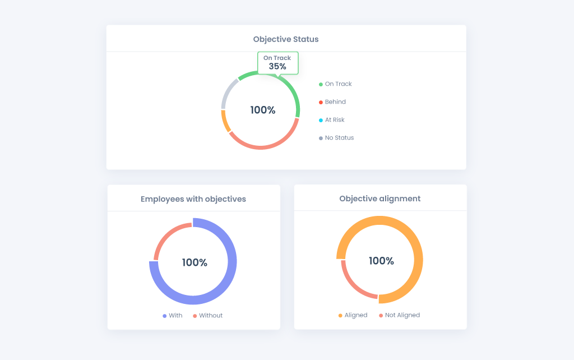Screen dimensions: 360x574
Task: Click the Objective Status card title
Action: tap(286, 39)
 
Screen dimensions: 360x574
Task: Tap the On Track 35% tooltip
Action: tap(277, 63)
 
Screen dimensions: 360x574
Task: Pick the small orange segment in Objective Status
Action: tap(225, 121)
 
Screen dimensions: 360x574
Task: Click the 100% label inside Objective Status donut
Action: tap(263, 110)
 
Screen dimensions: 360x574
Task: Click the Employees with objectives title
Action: tap(193, 199)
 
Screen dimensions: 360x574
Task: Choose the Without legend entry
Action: tap(207, 316)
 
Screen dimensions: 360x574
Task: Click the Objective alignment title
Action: tap(380, 199)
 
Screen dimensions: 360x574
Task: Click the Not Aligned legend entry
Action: tap(399, 315)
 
